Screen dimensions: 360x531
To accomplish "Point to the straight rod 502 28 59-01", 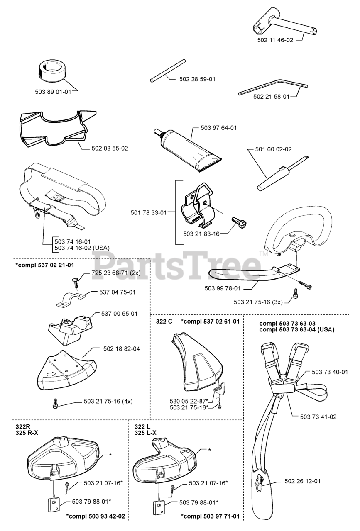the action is pyautogui.click(x=167, y=71).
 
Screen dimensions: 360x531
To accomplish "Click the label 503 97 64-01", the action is pyautogui.click(x=218, y=128).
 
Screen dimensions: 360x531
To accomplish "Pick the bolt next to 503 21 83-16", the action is pyautogui.click(x=240, y=223).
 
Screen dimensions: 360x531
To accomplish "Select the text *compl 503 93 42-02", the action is pyautogui.click(x=96, y=516).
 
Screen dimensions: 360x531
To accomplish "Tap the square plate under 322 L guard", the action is pyautogui.click(x=158, y=507).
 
